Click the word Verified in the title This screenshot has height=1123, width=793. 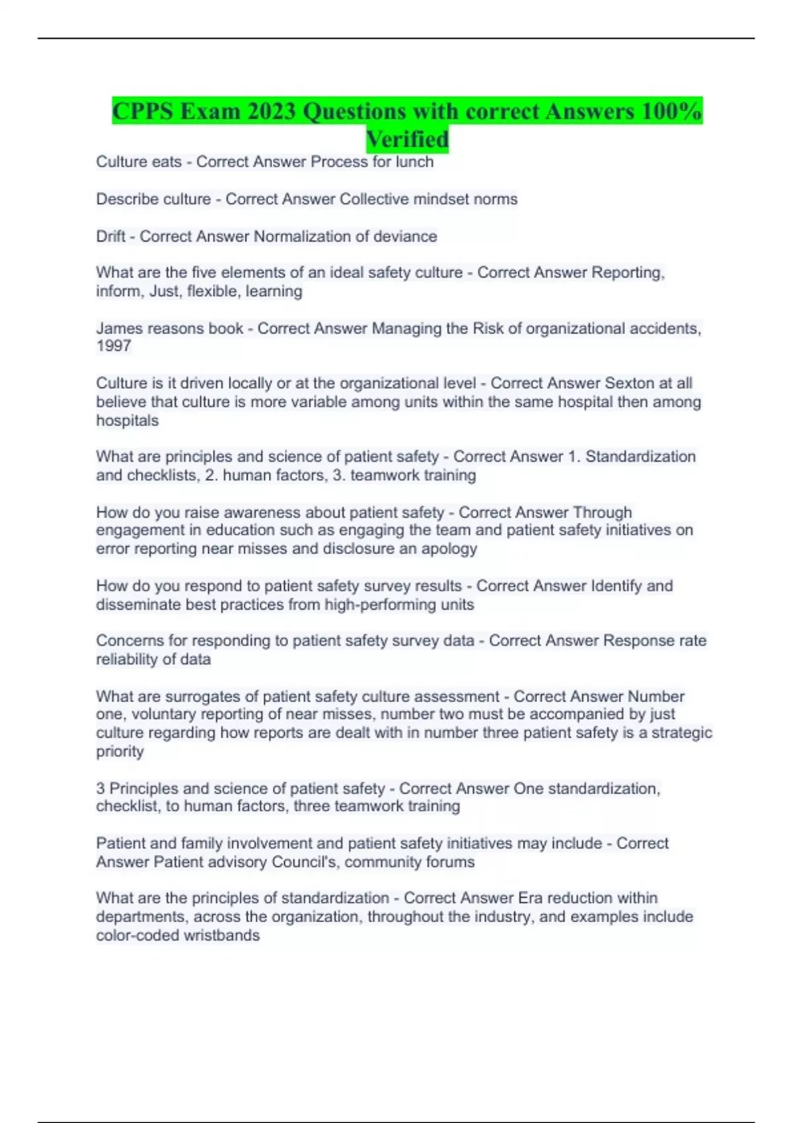407,139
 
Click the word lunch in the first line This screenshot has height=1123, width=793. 414,162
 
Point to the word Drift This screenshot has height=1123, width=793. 110,236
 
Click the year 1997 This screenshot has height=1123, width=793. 114,345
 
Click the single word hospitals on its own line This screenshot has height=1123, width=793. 128,420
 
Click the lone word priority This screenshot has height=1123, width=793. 120,751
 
